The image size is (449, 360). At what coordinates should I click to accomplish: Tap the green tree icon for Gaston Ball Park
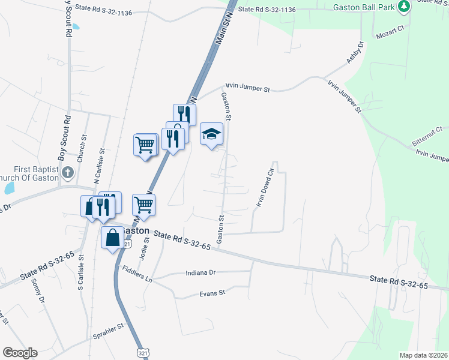(x=406, y=6)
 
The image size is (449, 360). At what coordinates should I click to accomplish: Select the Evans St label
(x=212, y=293)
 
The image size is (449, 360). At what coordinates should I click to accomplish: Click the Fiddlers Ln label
(x=137, y=279)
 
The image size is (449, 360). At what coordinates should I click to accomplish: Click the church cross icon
(x=68, y=173)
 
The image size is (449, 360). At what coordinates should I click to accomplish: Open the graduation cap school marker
(x=211, y=134)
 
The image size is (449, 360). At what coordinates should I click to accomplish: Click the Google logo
(x=20, y=353)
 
